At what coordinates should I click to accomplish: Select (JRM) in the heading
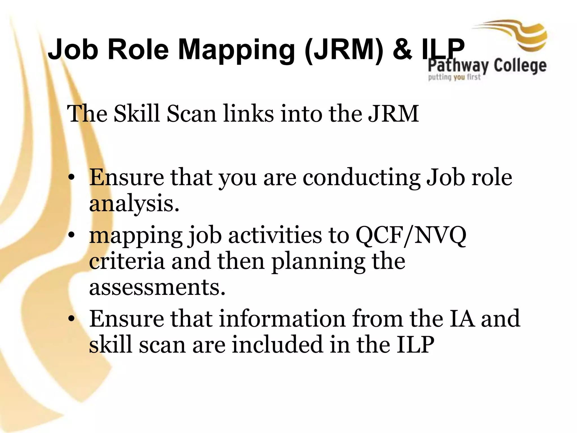(344, 50)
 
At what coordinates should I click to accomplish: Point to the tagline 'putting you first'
(454, 77)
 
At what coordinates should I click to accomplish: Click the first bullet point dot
(72, 177)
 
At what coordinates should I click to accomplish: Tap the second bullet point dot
(72, 235)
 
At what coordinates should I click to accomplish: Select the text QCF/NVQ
(410, 235)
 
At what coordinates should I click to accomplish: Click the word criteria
(127, 261)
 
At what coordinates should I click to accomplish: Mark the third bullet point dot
(72, 318)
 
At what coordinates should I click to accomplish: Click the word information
(282, 319)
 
